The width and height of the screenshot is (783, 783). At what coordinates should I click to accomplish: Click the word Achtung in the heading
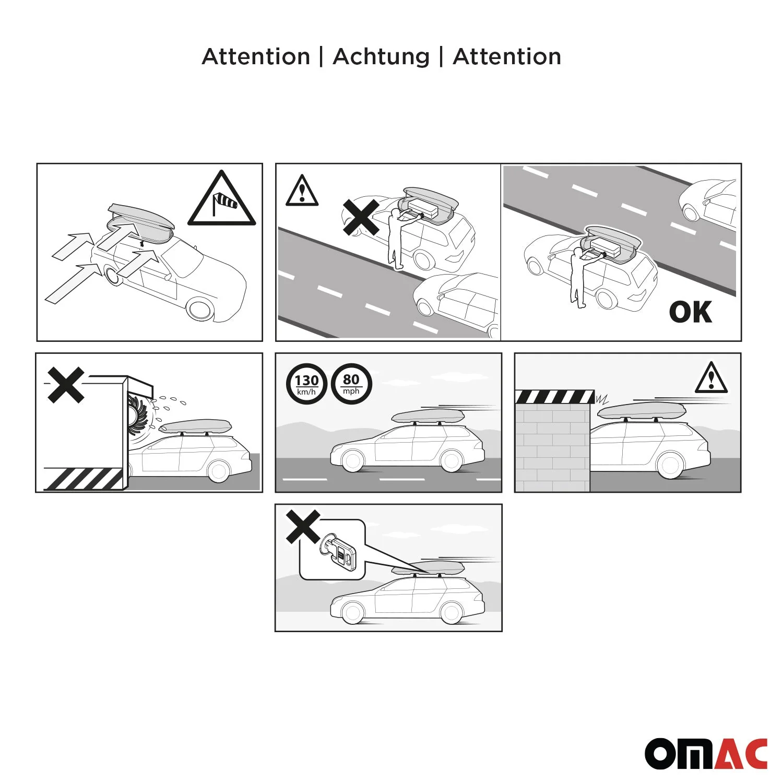click(x=381, y=56)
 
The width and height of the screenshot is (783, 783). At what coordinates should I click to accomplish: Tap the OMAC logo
click(x=706, y=753)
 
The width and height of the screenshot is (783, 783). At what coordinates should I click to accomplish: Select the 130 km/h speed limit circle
click(x=306, y=384)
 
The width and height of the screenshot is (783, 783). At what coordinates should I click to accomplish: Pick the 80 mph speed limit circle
click(x=351, y=384)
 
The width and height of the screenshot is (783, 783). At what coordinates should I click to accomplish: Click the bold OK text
click(x=690, y=312)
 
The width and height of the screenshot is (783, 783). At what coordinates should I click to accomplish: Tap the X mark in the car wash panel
click(x=66, y=385)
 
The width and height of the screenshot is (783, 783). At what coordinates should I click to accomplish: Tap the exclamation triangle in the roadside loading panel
click(x=302, y=191)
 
